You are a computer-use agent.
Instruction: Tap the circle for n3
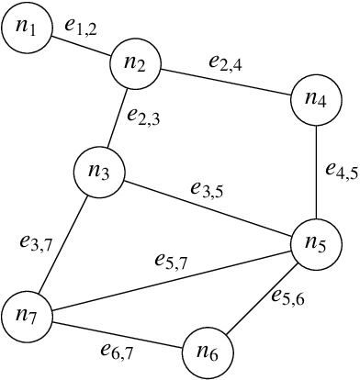coord(99,172)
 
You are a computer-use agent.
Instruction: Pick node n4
coord(316,102)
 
